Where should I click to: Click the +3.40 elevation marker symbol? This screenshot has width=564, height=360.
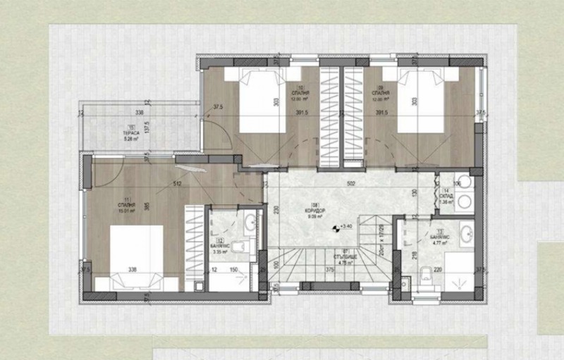(335, 227)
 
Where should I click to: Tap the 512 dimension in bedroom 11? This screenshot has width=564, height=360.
(177, 185)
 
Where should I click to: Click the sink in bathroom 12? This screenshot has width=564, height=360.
(251, 224)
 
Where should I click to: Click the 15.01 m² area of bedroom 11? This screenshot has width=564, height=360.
(127, 209)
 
